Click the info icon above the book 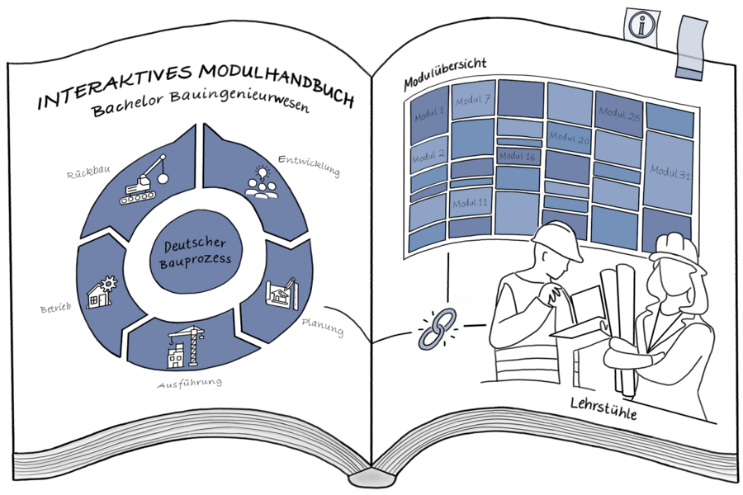click(638, 25)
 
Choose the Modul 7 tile click(472, 101)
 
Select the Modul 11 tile click(470, 203)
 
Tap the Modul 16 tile click(518, 156)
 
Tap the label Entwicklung click(309, 165)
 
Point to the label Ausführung click(190, 384)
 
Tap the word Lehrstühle click(603, 410)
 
